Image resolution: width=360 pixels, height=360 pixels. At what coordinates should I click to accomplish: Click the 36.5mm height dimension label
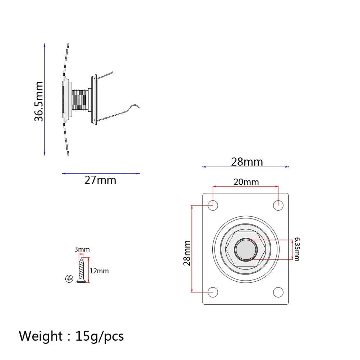pyautogui.click(x=39, y=101)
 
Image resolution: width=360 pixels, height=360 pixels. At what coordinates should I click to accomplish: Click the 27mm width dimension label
pyautogui.click(x=100, y=180)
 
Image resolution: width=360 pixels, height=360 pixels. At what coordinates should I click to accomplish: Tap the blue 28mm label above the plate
pyautogui.click(x=247, y=162)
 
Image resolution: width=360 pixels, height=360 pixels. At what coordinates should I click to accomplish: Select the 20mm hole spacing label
pyautogui.click(x=246, y=182)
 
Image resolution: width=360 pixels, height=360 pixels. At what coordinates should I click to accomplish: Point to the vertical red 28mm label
pyautogui.click(x=187, y=253)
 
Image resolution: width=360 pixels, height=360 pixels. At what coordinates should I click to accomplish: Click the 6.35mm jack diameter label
pyautogui.click(x=296, y=249)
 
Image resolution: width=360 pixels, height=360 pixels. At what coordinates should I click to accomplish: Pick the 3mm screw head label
pyautogui.click(x=82, y=249)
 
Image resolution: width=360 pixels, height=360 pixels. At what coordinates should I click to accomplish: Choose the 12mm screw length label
pyautogui.click(x=99, y=271)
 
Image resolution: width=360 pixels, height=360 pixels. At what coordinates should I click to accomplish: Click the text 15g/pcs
pyautogui.click(x=100, y=336)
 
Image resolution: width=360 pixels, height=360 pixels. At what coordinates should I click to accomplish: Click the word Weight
pyautogui.click(x=41, y=336)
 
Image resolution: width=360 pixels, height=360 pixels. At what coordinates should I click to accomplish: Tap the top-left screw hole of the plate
pyautogui.click(x=213, y=205)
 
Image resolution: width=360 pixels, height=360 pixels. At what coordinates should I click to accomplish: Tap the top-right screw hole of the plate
pyautogui.click(x=278, y=205)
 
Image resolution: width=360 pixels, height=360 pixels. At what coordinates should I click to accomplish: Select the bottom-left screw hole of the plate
pyautogui.click(x=213, y=292)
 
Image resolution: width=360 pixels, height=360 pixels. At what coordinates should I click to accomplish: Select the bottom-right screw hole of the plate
pyautogui.click(x=278, y=292)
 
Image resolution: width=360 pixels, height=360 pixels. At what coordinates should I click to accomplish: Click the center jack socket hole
pyautogui.click(x=246, y=249)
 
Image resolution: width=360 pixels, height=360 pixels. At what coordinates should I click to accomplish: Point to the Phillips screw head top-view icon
pyautogui.click(x=70, y=278)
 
